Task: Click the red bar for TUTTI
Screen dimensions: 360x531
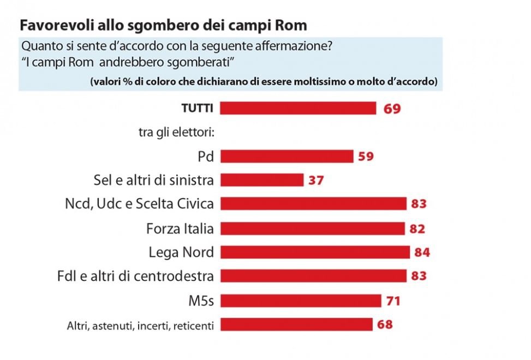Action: point(298,108)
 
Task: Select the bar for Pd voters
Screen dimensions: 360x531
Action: point(287,157)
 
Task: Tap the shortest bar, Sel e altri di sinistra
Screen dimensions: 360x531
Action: point(261,180)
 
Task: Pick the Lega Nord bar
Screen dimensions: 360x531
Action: point(315,252)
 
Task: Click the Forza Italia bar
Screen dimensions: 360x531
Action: point(312,228)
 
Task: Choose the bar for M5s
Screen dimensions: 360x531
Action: point(300,300)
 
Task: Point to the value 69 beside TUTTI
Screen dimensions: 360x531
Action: point(392,109)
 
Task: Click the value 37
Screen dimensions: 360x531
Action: point(315,181)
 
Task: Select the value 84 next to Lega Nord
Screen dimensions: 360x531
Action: point(422,253)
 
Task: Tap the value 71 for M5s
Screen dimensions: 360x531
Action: point(393,301)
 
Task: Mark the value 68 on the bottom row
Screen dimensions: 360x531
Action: point(384,325)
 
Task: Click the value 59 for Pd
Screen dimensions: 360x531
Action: point(366,157)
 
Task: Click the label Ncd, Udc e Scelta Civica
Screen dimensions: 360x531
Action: point(139,204)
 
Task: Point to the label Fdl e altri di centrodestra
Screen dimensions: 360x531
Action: point(135,276)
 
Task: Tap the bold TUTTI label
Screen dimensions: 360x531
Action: point(197,109)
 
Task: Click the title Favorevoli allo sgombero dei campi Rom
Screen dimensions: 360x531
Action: point(163,25)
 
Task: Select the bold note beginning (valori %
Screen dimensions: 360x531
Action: point(264,82)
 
